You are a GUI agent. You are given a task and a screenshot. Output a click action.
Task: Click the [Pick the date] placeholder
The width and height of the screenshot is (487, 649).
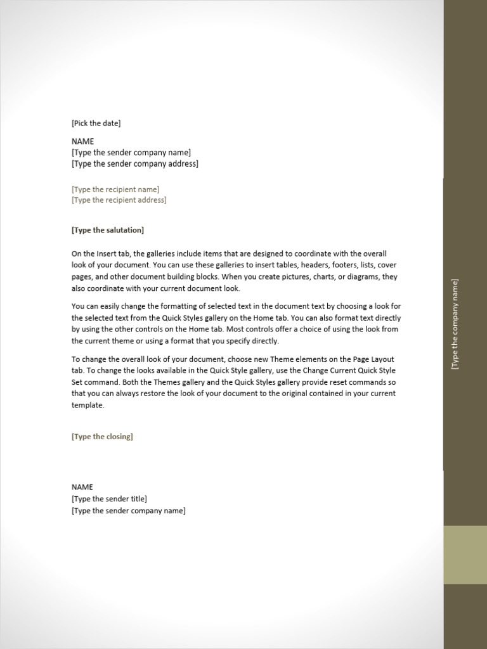point(96,123)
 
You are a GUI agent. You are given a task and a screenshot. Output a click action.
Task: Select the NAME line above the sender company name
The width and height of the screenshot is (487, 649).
point(82,141)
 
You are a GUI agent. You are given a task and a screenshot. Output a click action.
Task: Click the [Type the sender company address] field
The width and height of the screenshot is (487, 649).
point(134,164)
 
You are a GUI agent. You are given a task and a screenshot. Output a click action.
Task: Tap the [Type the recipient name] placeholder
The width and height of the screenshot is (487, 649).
point(115,190)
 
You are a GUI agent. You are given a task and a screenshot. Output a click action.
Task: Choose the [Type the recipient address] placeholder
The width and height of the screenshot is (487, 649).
point(119,200)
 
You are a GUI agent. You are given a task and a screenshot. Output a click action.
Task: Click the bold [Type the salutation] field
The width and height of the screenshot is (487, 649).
point(108,230)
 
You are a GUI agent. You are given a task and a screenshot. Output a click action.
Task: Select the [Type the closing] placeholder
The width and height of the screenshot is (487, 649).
point(102,437)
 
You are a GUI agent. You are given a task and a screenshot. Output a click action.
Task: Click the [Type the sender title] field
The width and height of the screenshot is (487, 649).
point(109,499)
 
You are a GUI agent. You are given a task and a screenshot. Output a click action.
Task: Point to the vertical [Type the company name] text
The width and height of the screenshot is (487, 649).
point(455,324)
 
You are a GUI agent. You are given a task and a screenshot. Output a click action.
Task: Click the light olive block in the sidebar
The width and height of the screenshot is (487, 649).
point(465,555)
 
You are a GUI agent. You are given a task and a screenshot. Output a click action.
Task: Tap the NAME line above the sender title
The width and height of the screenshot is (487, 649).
point(82,487)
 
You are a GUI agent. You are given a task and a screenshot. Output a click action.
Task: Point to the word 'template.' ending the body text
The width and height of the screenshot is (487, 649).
point(88,405)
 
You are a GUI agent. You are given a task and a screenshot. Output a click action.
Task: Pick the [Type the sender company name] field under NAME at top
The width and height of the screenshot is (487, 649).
point(131,153)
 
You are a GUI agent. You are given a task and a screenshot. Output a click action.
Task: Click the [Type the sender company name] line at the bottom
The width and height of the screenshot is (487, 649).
point(129,511)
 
